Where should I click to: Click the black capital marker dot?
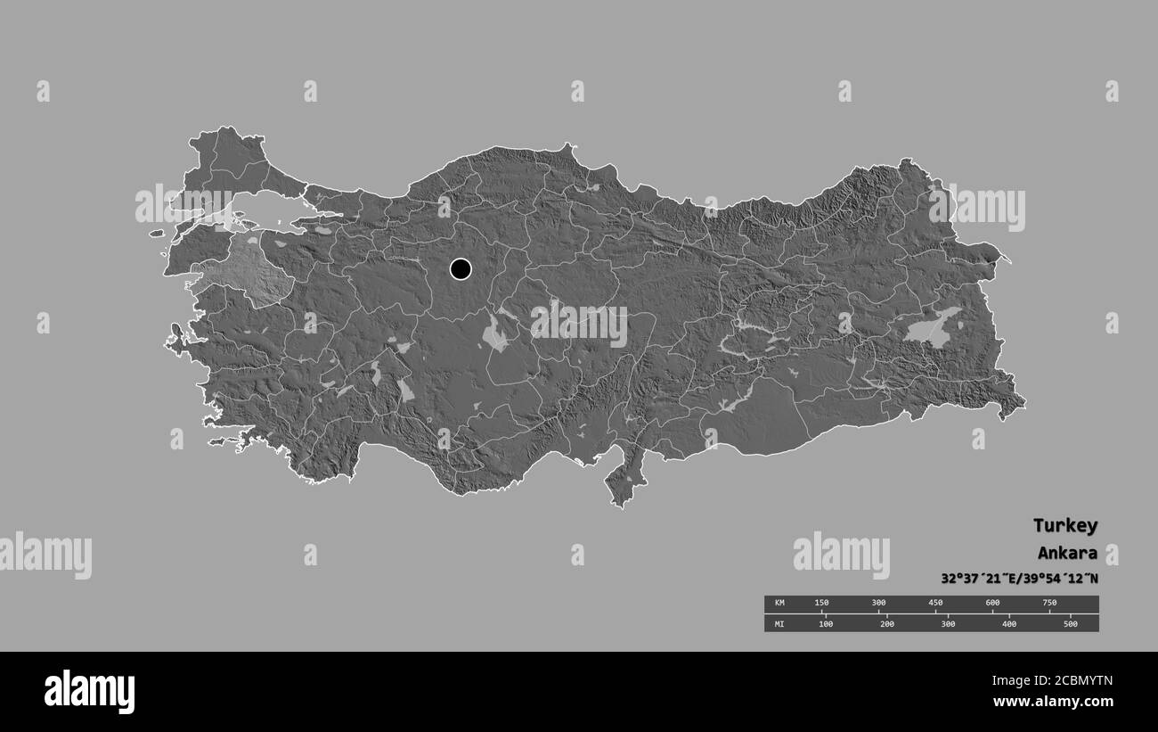point(461,268)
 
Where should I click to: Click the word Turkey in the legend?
point(1065,525)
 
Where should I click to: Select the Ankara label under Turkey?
point(1067,553)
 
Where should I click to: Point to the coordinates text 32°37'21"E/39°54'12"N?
point(1019,578)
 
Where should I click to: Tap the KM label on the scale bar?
point(779,604)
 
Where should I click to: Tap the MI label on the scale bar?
point(779,624)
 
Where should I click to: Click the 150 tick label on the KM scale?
point(821,604)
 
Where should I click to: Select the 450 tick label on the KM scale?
point(935,604)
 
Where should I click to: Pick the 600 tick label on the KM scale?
point(992,604)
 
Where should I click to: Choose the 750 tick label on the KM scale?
point(1049,604)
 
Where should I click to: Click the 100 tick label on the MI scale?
point(826,624)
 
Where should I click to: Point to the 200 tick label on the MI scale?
point(887,624)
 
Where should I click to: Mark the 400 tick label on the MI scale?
point(1009,624)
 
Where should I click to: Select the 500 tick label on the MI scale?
point(1070,624)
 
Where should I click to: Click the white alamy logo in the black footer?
point(89,691)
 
